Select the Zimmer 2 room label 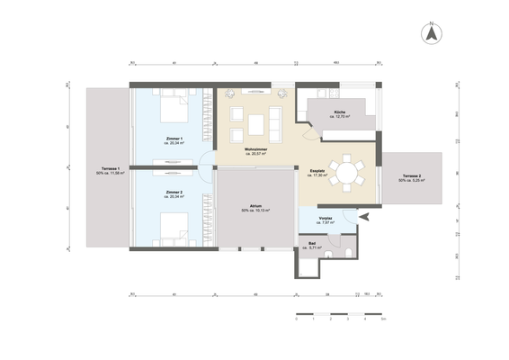174,193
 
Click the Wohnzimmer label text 257,149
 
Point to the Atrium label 255,206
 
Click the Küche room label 341,112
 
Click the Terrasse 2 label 412,177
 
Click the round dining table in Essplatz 347,171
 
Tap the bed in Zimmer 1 175,113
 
